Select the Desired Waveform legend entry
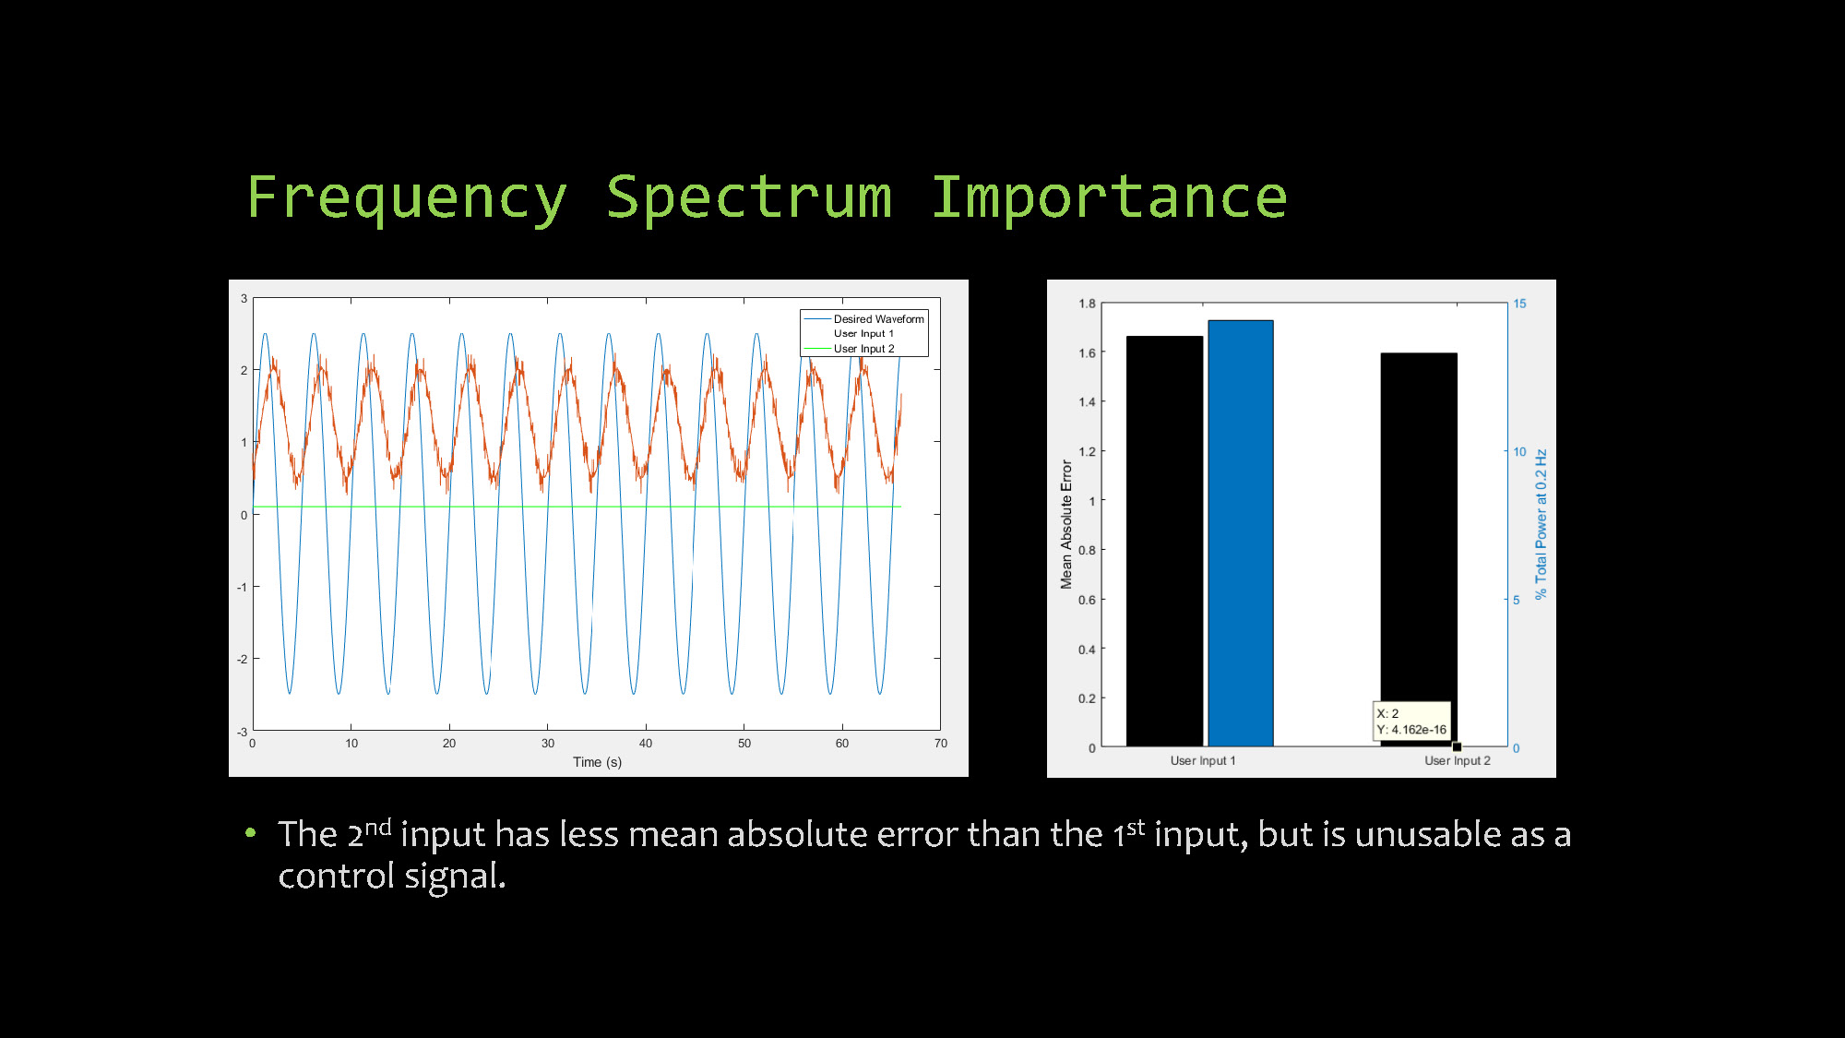pos(878,319)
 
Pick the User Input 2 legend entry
pos(863,349)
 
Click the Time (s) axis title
pos(597,762)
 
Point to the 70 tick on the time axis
pos(940,744)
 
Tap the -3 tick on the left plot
pos(242,732)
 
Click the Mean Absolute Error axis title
pos(1066,524)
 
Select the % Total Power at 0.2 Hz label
pos(1541,524)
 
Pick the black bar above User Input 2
pos(1418,535)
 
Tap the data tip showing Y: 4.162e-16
pos(1411,722)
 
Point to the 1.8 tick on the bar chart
pos(1087,304)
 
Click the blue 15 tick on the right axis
pos(1519,304)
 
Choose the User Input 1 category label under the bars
pos(1202,761)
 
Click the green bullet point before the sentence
pos(251,833)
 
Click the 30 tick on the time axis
pos(548,744)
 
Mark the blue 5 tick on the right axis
pos(1516,600)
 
